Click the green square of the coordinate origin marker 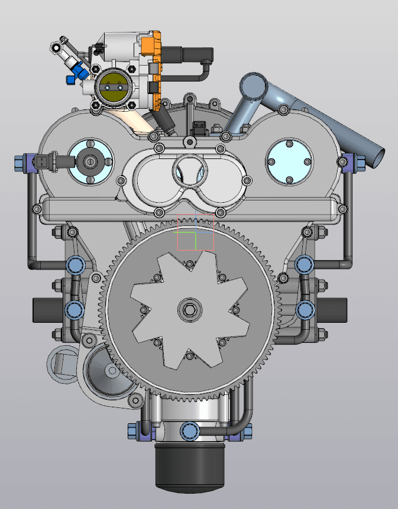click(x=187, y=241)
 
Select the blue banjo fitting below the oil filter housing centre click(x=190, y=430)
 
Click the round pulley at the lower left click(x=111, y=371)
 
